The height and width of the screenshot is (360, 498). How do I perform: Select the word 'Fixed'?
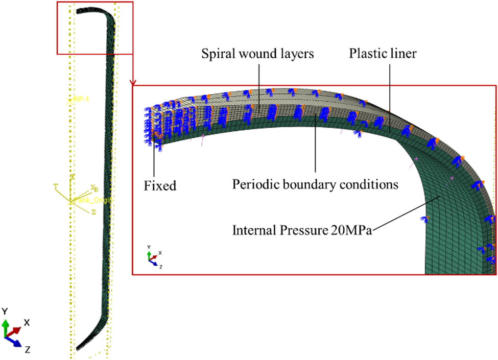(160, 185)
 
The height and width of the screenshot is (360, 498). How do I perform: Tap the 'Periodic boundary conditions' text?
(315, 183)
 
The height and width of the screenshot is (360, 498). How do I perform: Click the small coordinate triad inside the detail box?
(153, 258)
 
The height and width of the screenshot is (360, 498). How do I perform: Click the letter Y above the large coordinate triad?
(5, 311)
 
